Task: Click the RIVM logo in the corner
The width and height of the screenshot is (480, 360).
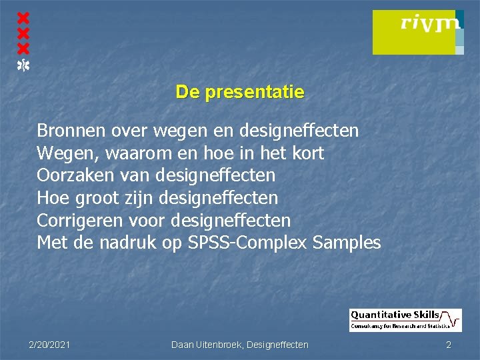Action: [417, 32]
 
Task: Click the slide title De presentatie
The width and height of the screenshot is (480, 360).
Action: [240, 92]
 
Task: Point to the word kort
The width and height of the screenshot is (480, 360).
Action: [307, 153]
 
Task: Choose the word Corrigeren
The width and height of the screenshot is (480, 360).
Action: [78, 221]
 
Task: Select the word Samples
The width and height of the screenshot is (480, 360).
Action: [346, 243]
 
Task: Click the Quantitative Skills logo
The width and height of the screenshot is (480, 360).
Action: [405, 320]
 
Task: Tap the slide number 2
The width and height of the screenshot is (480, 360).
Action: [449, 345]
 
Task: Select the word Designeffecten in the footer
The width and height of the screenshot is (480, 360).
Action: [278, 345]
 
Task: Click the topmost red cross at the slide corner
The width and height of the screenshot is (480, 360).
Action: [23, 17]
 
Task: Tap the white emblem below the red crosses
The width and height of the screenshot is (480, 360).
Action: [23, 65]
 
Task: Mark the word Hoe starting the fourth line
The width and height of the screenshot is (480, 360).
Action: [53, 199]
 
